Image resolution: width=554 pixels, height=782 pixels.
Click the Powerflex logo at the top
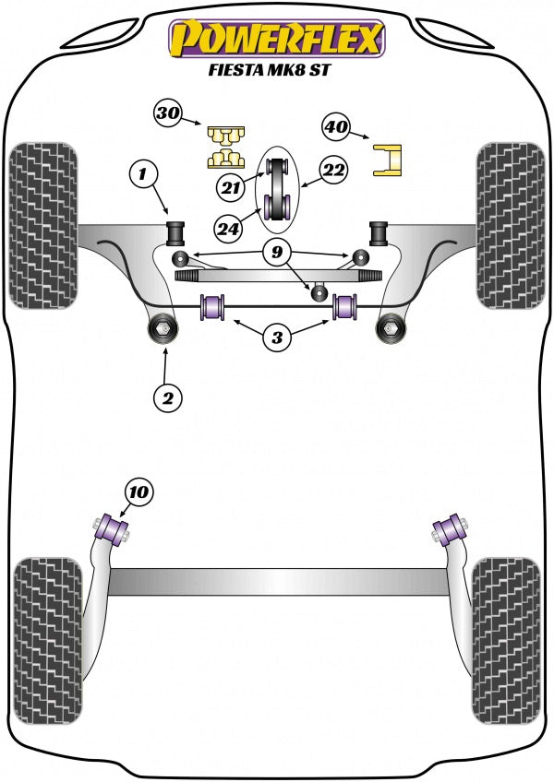(x=276, y=38)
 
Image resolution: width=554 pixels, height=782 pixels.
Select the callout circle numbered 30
(x=168, y=114)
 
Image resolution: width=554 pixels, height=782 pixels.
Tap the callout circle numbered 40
(x=336, y=125)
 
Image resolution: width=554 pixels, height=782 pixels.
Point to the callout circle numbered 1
(x=143, y=172)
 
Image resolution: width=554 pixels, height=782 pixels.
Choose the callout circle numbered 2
(x=168, y=397)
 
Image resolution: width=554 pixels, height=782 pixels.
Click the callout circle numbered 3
(x=277, y=338)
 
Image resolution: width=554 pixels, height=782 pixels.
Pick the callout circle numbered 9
(x=275, y=251)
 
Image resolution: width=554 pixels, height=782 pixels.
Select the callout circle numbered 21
(x=232, y=188)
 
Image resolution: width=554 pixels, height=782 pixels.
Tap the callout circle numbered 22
(x=332, y=169)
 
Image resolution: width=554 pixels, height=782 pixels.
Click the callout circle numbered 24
(x=229, y=225)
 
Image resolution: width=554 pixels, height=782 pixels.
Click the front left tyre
(x=42, y=226)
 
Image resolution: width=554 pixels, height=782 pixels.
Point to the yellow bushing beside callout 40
(x=390, y=158)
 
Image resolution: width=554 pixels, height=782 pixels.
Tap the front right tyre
(x=511, y=226)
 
